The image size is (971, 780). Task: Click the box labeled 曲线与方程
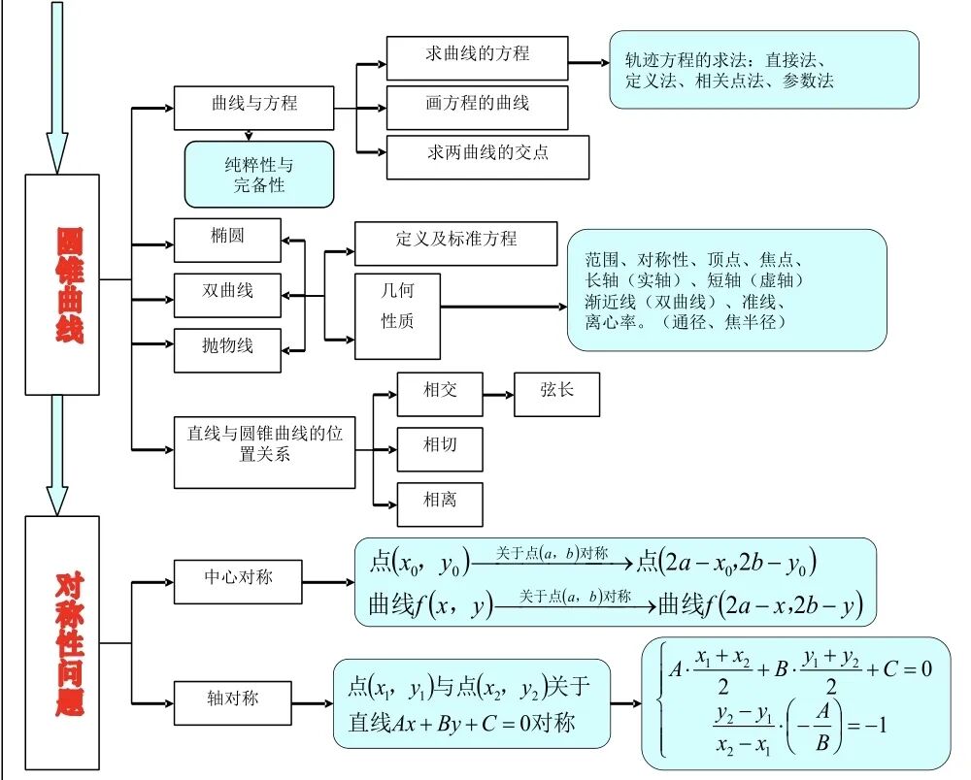click(x=254, y=108)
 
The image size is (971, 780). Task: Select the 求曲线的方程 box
click(x=477, y=57)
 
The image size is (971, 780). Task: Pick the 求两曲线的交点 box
click(x=487, y=157)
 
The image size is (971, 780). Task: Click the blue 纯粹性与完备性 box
click(x=258, y=175)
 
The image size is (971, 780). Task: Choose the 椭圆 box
click(x=227, y=240)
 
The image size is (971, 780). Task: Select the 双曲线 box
click(x=227, y=294)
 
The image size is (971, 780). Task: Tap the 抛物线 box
click(x=227, y=349)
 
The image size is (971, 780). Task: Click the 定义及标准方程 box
click(x=455, y=244)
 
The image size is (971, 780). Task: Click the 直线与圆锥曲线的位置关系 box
click(x=264, y=452)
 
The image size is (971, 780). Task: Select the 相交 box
click(x=440, y=394)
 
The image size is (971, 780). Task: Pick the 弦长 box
click(x=556, y=394)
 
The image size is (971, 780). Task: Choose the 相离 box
click(x=440, y=504)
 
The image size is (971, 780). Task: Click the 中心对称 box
click(x=238, y=581)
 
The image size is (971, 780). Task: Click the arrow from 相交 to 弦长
click(x=498, y=395)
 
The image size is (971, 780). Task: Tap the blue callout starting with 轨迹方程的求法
click(x=763, y=70)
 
